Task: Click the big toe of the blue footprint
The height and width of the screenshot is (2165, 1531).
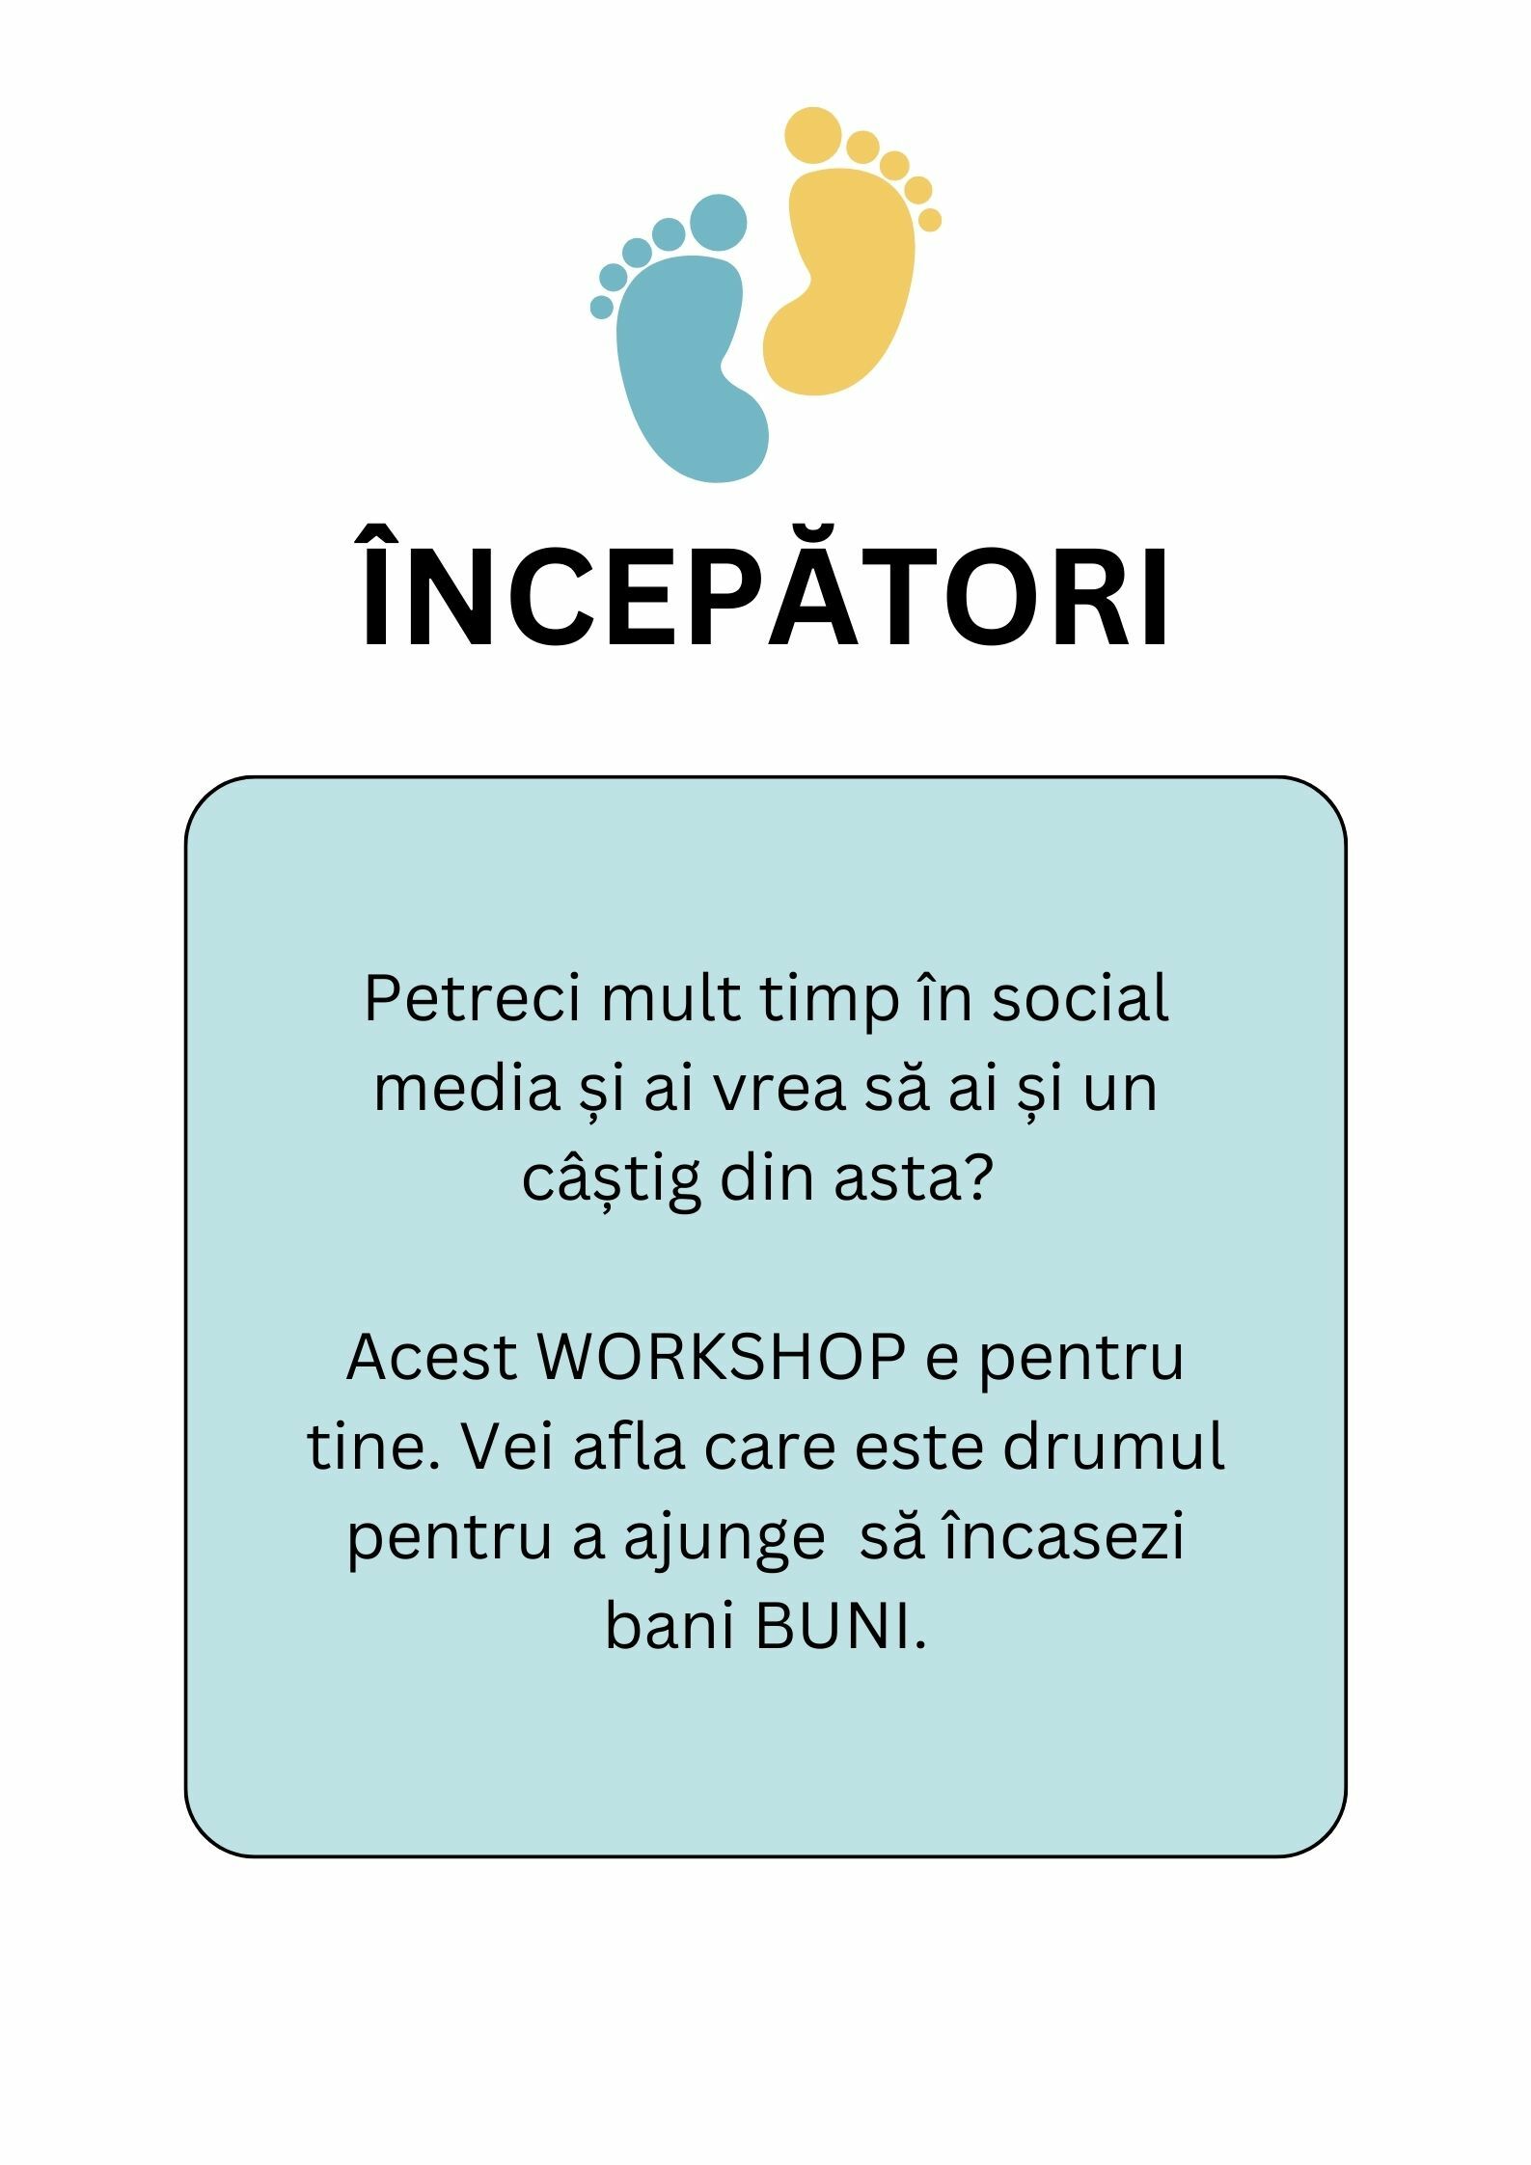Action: click(719, 223)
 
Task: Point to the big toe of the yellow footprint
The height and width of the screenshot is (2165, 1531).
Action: click(813, 135)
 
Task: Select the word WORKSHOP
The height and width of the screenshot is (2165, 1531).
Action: click(721, 1357)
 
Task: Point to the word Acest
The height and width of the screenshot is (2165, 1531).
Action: click(432, 1357)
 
